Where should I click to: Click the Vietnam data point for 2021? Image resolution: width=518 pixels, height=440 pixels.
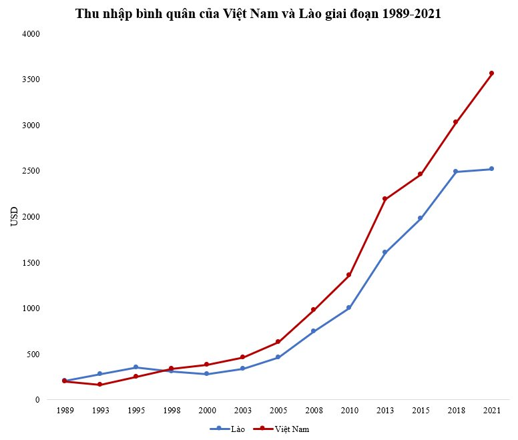point(491,73)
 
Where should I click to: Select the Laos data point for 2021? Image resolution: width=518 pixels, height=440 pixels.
point(491,169)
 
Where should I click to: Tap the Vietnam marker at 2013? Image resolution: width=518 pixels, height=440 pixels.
point(384,199)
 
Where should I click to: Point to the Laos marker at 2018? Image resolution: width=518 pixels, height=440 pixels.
point(456,172)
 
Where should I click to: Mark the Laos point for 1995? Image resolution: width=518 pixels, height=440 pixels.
point(136,367)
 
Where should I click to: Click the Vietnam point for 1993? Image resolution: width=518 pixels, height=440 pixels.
point(99,385)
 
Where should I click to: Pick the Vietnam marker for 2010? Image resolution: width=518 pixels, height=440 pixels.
point(349,275)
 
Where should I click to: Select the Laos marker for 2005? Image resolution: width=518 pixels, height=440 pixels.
point(278,357)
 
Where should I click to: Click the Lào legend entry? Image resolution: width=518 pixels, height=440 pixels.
point(228,429)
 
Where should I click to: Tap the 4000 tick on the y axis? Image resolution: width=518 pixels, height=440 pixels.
point(31,33)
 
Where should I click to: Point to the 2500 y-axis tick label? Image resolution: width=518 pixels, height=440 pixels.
point(31,171)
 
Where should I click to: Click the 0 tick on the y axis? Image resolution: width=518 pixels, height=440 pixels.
point(38,400)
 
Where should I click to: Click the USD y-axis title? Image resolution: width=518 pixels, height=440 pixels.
point(15,216)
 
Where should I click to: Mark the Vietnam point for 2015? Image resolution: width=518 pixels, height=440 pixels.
point(421,174)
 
